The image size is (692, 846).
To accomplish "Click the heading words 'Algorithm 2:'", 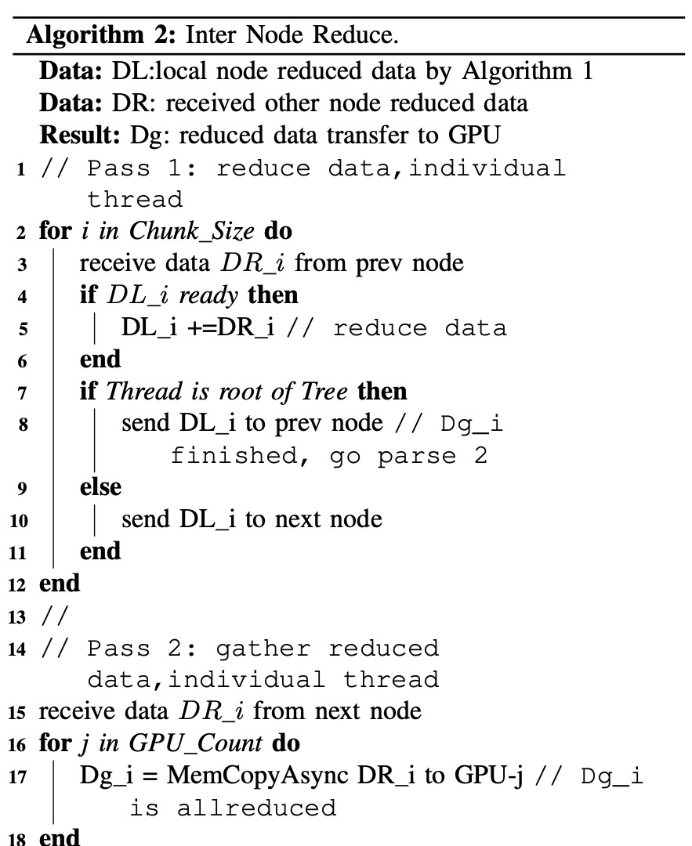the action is pyautogui.click(x=101, y=35).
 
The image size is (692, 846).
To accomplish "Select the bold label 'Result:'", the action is pyautogui.click(x=80, y=135).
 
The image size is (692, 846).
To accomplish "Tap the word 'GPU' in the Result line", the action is pyautogui.click(x=474, y=135).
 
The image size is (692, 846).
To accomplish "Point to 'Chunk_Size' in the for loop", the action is pyautogui.click(x=192, y=232).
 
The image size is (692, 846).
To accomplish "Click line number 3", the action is pyautogui.click(x=22, y=265).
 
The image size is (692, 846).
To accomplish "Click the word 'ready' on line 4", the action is pyautogui.click(x=208, y=296).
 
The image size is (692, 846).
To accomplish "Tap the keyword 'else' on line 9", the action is pyautogui.click(x=100, y=487).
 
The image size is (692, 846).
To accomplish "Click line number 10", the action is pyautogui.click(x=18, y=521).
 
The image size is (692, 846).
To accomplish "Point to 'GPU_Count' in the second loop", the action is pyautogui.click(x=195, y=744).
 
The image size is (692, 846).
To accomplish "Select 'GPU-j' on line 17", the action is pyautogui.click(x=488, y=775).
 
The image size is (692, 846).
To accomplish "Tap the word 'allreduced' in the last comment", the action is pyautogui.click(x=257, y=808).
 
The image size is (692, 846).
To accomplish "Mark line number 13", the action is pyautogui.click(x=17, y=616).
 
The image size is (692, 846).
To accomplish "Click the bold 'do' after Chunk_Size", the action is pyautogui.click(x=278, y=231).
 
